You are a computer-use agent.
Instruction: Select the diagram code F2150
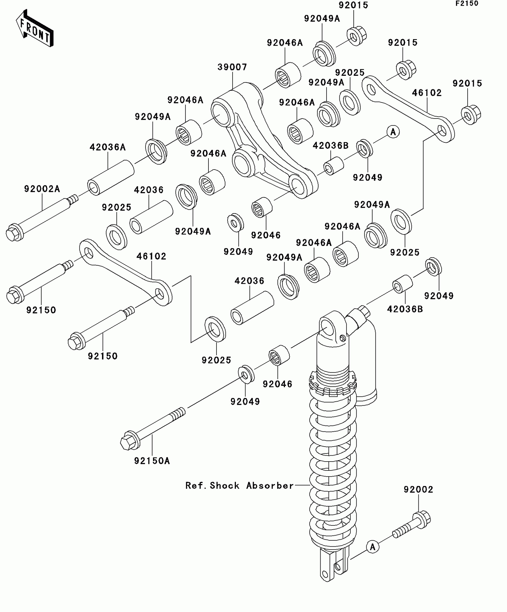[x=467, y=4]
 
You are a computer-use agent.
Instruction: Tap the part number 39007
[x=232, y=67]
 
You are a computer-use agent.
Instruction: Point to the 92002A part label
[x=42, y=189]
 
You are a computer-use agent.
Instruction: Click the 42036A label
[x=108, y=147]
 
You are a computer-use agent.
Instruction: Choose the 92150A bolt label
[x=152, y=461]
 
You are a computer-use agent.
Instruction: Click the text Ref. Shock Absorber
[x=239, y=486]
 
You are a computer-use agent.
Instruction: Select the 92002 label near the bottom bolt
[x=418, y=490]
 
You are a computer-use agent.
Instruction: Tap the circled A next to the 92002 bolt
[x=372, y=547]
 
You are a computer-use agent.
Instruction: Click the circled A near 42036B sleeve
[x=393, y=132]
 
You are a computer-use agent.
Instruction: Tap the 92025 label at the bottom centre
[x=216, y=360]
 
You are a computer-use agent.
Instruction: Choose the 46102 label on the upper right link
[x=426, y=93]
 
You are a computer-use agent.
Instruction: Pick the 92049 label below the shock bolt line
[x=245, y=402]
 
